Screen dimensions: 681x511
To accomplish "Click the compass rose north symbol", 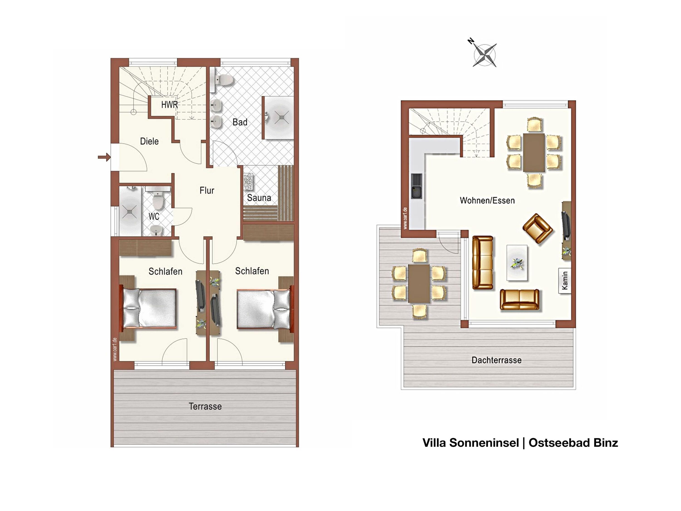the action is [484, 55].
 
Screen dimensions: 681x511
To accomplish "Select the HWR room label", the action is [170, 105].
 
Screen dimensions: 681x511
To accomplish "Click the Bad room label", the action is [240, 122].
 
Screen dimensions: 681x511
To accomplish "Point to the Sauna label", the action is [259, 198].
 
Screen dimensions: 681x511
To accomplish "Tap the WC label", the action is [154, 216].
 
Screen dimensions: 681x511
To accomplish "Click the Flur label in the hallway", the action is [207, 190].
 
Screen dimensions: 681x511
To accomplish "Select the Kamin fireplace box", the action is [565, 281].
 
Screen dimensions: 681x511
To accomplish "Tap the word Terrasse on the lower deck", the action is [205, 406].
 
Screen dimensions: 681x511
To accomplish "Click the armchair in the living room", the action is [538, 228].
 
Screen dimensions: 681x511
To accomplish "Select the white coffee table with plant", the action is [517, 263].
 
